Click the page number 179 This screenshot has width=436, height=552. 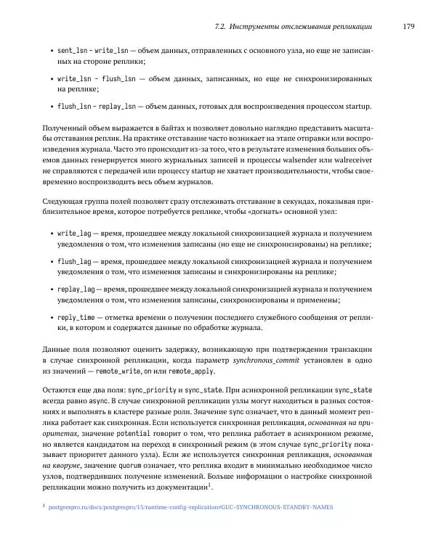point(408,27)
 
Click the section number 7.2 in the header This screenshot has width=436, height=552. point(221,27)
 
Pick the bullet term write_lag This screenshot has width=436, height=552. point(73,234)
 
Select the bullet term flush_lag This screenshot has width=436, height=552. point(73,262)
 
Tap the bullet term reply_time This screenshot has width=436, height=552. point(76,317)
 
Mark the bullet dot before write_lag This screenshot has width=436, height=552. point(50,235)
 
